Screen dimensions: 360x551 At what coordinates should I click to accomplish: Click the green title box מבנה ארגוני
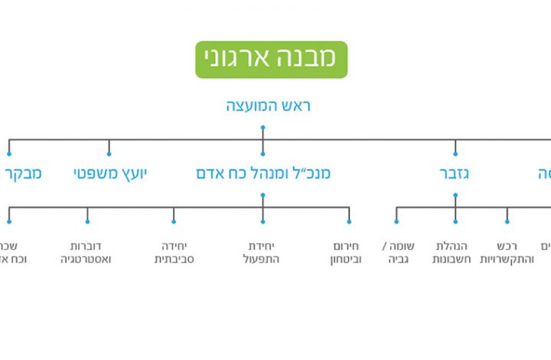(x=271, y=60)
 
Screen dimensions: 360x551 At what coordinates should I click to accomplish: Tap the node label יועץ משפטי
(x=110, y=174)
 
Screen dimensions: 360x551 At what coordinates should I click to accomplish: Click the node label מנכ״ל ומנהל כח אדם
(x=263, y=174)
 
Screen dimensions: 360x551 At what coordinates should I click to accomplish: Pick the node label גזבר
(x=455, y=174)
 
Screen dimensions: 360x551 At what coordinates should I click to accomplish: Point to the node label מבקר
(x=24, y=174)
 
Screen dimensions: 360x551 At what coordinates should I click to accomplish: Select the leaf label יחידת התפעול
(x=263, y=252)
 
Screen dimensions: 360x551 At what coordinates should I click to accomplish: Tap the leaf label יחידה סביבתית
(x=174, y=252)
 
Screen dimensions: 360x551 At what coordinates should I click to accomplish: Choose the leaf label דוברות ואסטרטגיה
(x=87, y=252)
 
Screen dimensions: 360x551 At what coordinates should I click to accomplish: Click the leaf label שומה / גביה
(x=397, y=252)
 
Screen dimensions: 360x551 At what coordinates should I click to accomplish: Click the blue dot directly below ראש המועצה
(x=262, y=127)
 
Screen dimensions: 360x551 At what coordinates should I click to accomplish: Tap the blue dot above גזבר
(x=455, y=154)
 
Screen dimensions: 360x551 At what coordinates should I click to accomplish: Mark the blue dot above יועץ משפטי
(x=109, y=154)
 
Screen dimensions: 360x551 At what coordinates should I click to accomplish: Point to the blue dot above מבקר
(x=9, y=154)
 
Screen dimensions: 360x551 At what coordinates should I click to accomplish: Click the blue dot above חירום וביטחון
(x=349, y=221)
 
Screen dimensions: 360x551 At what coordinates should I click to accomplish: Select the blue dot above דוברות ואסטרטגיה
(x=87, y=221)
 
